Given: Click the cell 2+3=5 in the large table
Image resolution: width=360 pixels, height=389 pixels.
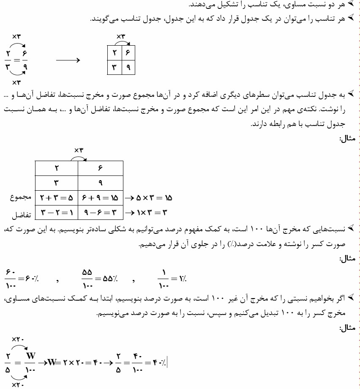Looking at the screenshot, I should tap(57, 197).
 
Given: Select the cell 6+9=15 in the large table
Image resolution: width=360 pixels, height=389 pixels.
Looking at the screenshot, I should tap(101, 197).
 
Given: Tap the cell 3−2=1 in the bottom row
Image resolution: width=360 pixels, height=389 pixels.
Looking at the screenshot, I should tap(57, 212).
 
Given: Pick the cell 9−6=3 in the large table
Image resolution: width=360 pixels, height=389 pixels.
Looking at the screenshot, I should tap(101, 212).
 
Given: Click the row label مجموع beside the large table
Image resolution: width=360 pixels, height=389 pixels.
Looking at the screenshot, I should tap(21, 198).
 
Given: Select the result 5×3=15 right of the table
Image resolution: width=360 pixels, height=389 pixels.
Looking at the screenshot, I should tap(153, 198).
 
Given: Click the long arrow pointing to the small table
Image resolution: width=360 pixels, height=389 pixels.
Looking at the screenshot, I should tap(68, 60).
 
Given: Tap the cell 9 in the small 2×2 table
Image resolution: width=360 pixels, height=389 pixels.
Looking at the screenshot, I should tap(128, 67).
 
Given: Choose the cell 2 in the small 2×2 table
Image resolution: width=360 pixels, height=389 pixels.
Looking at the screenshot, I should tap(115, 53).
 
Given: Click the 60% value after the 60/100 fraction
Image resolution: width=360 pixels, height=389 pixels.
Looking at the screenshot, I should tap(31, 279).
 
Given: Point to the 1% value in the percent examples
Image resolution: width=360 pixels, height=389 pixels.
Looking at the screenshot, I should tap(182, 279).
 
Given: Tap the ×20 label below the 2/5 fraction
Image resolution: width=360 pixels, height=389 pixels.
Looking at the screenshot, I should tap(18, 385).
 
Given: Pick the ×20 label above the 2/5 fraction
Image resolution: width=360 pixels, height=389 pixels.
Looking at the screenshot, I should tap(18, 339).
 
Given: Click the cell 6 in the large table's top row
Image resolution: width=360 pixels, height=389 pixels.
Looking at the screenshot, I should tap(101, 168).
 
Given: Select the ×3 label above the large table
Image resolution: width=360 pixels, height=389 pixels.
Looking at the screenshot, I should tap(79, 150).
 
